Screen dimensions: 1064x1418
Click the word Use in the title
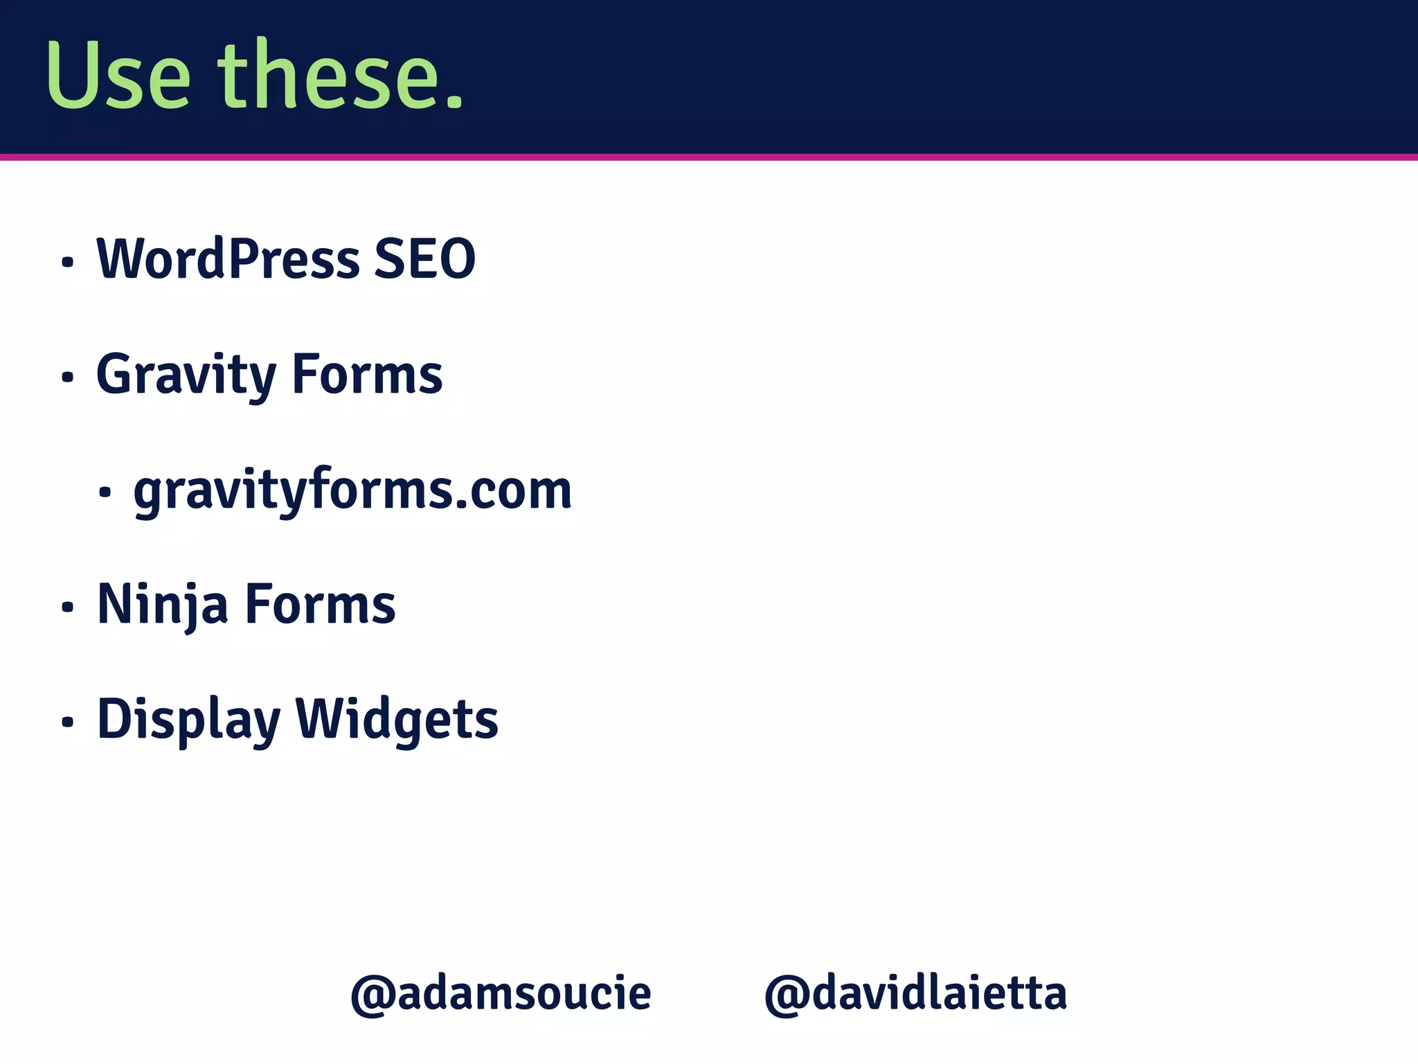click(118, 76)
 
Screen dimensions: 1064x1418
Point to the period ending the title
click(454, 100)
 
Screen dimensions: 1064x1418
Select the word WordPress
click(228, 259)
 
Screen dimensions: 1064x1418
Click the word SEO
click(424, 259)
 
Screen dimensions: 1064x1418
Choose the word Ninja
click(163, 605)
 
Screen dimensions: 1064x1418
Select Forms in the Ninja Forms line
click(321, 605)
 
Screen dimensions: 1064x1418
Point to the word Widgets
click(397, 720)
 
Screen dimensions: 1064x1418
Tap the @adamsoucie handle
click(501, 993)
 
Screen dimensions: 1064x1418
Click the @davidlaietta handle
click(915, 993)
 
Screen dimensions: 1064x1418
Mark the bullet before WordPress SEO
click(67, 263)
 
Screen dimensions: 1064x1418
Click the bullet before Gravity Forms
click(67, 378)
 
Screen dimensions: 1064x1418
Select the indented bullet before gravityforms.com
click(105, 493)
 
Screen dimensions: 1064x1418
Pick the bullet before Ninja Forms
click(67, 608)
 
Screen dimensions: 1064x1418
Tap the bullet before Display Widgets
click(67, 722)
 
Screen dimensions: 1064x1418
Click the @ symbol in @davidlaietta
click(787, 995)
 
